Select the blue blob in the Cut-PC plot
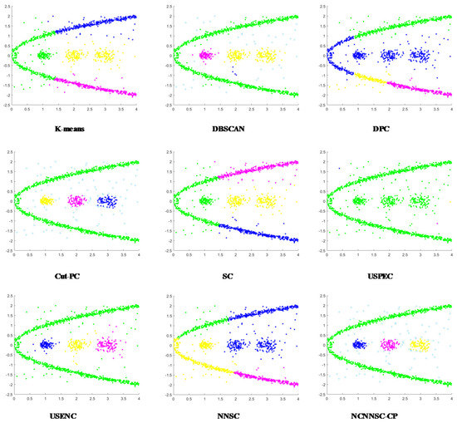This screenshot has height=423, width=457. click(x=106, y=200)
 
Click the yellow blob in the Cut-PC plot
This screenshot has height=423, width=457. click(x=46, y=200)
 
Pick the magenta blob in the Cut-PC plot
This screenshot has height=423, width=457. click(x=76, y=200)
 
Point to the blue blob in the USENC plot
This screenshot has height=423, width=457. click(x=46, y=344)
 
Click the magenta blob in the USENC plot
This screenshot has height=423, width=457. click(x=106, y=344)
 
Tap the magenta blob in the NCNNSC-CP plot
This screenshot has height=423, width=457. click(x=389, y=344)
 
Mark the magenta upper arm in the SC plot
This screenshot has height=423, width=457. click(x=258, y=170)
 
